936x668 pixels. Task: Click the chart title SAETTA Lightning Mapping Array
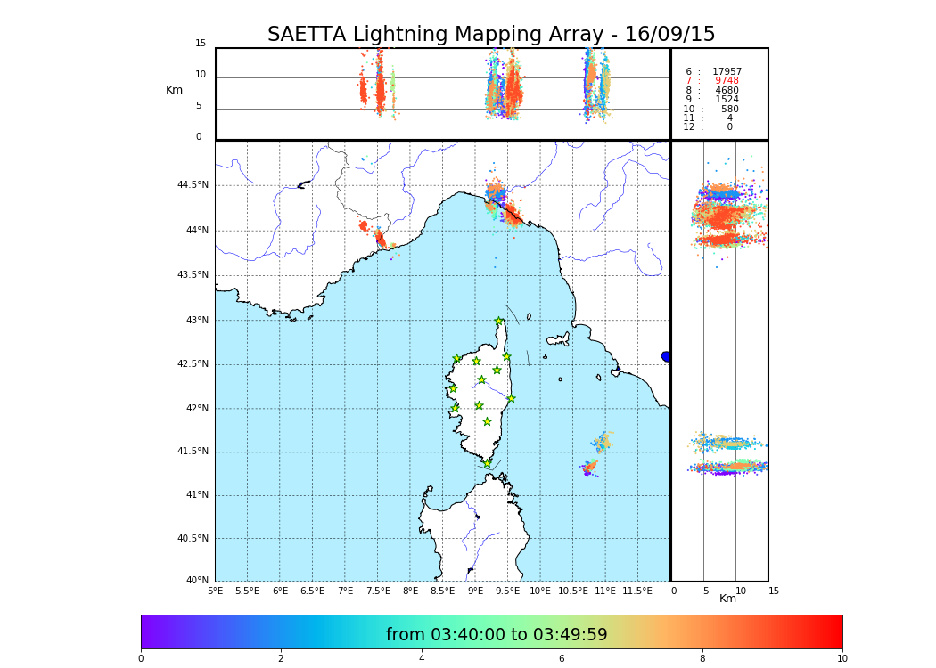(x=491, y=35)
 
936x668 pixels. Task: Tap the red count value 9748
(x=727, y=81)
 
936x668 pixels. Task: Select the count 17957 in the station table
(x=727, y=72)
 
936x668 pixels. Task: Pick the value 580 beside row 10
(x=729, y=110)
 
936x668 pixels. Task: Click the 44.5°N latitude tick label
(x=193, y=185)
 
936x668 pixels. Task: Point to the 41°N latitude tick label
(x=195, y=495)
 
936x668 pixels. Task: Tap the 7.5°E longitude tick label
(x=378, y=591)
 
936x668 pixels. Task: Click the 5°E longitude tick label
(x=216, y=591)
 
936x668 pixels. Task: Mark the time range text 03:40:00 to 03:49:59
(x=497, y=635)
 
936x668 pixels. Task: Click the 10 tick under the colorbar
(x=842, y=659)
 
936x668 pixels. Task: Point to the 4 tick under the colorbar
(x=422, y=659)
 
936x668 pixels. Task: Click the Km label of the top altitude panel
(x=174, y=90)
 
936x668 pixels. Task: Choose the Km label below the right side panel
(x=727, y=599)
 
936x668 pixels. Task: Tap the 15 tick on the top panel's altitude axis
(x=201, y=44)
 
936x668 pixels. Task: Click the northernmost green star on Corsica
(x=499, y=322)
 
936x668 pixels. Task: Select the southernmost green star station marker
(x=487, y=463)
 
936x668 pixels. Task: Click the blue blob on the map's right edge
(x=666, y=356)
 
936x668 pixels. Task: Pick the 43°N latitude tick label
(x=195, y=321)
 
